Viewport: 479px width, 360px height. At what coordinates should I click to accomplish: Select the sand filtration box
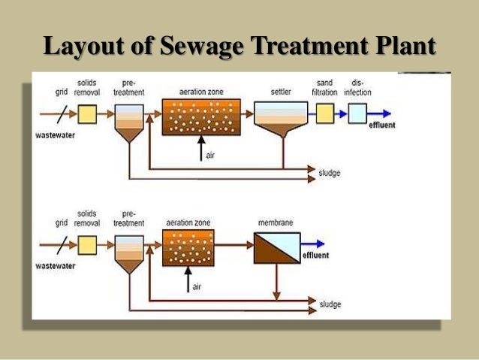coord(324,113)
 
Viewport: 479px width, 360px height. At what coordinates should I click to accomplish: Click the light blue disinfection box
coord(357,113)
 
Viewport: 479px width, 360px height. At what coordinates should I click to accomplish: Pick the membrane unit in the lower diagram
coord(276,247)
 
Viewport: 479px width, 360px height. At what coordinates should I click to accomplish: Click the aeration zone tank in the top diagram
coord(200,116)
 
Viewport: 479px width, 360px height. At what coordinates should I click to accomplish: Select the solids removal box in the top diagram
coord(88,113)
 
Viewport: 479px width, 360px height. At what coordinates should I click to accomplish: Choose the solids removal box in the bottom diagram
coord(88,244)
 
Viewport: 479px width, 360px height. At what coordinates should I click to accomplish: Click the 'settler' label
coord(282,92)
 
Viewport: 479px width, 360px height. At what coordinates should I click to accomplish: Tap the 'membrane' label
coord(274,223)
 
